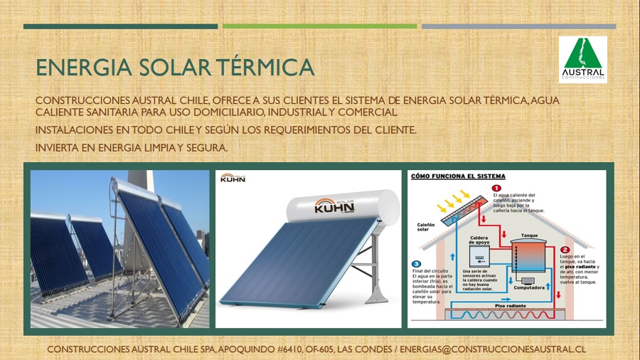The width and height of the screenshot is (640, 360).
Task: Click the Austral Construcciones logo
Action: point(582,60)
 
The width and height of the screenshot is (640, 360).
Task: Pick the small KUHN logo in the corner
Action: point(233,178)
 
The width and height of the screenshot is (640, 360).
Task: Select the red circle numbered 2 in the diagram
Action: point(565,250)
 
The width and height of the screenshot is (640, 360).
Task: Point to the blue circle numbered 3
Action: point(417,264)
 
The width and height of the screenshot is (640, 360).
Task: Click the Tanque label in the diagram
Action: point(529,235)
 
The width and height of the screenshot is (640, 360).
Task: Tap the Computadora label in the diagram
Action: point(528,288)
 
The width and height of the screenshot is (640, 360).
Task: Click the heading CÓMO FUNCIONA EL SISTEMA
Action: point(458,176)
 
